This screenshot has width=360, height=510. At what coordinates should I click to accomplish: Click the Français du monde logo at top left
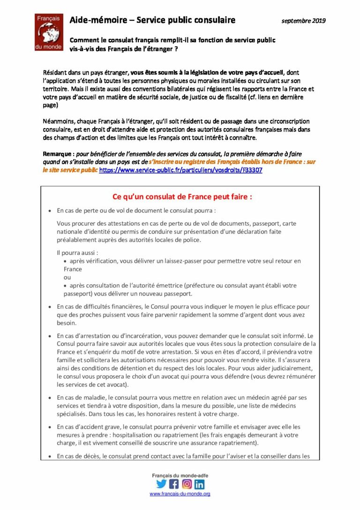[x=48, y=32]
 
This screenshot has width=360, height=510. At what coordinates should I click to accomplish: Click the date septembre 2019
[x=303, y=21]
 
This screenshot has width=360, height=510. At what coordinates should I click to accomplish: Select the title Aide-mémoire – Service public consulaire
[x=152, y=20]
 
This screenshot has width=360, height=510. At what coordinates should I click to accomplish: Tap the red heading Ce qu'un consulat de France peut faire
[x=182, y=197]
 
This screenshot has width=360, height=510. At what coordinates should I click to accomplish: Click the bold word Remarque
[x=57, y=154]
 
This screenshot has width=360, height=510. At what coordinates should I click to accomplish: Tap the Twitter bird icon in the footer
[x=161, y=484]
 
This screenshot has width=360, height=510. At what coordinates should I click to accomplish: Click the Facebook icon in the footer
[x=174, y=484]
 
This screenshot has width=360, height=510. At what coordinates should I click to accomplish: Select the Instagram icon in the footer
[x=187, y=484]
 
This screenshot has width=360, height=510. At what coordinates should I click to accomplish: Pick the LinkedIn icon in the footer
[x=199, y=484]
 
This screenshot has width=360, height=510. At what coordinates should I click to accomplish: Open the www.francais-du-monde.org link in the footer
[x=180, y=494]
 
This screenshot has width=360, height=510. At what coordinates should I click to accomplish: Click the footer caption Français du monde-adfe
[x=180, y=475]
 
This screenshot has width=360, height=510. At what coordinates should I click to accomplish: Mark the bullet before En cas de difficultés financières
[x=50, y=307]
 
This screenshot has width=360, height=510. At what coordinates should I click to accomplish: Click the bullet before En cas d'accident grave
[x=50, y=427]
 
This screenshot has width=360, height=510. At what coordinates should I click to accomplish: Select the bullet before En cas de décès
[x=50, y=456]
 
